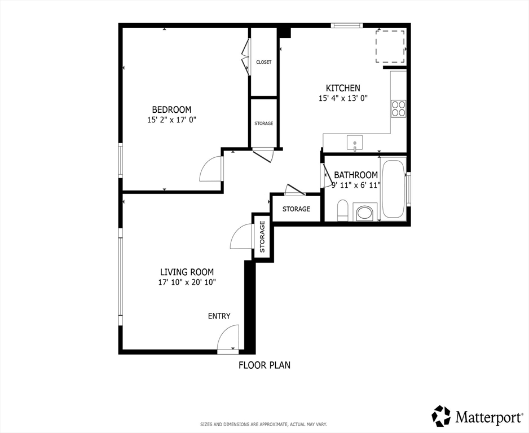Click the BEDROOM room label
pyautogui.click(x=171, y=109)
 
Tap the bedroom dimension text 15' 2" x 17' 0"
pyautogui.click(x=171, y=120)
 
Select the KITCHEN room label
pyautogui.click(x=343, y=88)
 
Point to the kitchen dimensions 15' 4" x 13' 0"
pyautogui.click(x=343, y=98)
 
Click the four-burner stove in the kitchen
pyautogui.click(x=398, y=108)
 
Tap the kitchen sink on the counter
pyautogui.click(x=355, y=143)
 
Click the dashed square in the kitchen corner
pyautogui.click(x=390, y=46)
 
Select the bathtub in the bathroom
pyautogui.click(x=393, y=189)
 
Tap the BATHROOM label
pyautogui.click(x=355, y=175)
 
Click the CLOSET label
pyautogui.click(x=263, y=62)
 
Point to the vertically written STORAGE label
pyautogui.click(x=262, y=237)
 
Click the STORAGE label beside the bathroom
pyautogui.click(x=296, y=209)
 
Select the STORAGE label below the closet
pyautogui.click(x=263, y=123)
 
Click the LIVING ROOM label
pyautogui.click(x=187, y=272)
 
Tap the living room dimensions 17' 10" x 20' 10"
pyautogui.click(x=187, y=282)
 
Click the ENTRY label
pyautogui.click(x=219, y=316)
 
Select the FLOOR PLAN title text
pyautogui.click(x=264, y=365)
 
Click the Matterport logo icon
pyautogui.click(x=442, y=416)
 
